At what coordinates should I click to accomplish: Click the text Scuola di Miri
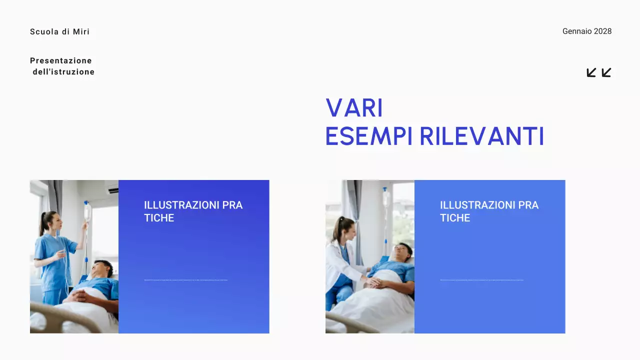60,32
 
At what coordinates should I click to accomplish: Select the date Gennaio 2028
586,31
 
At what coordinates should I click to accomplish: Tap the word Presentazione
61,61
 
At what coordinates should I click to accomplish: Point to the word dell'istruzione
63,72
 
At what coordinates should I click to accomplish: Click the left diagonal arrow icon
591,72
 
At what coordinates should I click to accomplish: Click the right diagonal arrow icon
606,72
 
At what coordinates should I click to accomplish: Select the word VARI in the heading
354,108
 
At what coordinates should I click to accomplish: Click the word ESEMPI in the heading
369,136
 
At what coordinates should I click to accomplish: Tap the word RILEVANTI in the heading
481,136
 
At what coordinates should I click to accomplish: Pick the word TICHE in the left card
159,218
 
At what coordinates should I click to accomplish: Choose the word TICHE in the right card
455,218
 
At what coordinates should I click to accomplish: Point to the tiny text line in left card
185,280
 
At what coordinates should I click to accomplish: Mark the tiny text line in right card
481,280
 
